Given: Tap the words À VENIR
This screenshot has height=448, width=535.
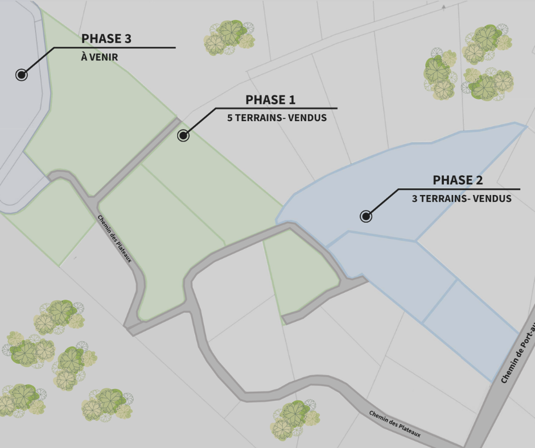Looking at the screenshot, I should (100, 57).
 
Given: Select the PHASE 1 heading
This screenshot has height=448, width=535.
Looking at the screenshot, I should (270, 100).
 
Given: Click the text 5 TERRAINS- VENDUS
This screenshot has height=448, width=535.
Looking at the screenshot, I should (277, 118).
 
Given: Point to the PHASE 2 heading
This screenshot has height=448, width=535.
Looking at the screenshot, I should (458, 181).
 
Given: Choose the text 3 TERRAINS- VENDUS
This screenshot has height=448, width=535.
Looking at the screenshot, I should (462, 199).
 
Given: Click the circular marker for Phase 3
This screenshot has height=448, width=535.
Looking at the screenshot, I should (22, 74).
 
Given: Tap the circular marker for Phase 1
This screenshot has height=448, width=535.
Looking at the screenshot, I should (183, 135).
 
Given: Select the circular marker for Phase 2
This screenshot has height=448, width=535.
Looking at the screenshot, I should (367, 216).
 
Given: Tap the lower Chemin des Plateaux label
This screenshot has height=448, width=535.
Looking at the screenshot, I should (394, 424).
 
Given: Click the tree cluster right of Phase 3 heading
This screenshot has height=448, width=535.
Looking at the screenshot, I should (229, 37).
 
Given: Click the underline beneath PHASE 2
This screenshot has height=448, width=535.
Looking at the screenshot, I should (459, 189).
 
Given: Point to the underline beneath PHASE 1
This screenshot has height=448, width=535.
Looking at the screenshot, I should (276, 108).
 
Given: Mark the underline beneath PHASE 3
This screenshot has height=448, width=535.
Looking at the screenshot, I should (114, 48).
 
